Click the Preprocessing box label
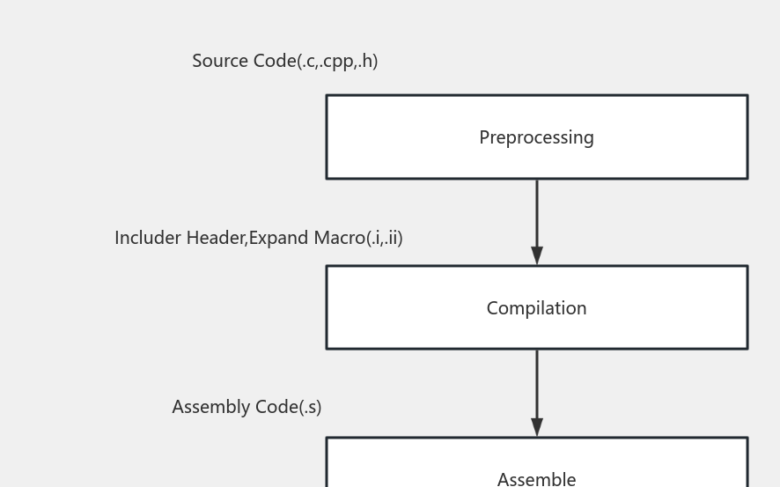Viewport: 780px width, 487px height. coord(536,137)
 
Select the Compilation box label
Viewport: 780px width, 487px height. coord(536,308)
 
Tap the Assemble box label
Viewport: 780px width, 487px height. coord(536,478)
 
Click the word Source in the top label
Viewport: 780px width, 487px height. coord(221,61)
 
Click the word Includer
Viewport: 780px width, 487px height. coord(147,238)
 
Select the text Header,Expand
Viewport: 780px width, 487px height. coord(248,238)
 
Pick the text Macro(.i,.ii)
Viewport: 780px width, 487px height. coord(358,238)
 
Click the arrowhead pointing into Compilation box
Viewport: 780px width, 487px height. coord(537,255)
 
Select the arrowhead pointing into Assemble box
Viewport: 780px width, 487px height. coord(537,427)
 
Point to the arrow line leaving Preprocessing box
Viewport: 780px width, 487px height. coord(537,211)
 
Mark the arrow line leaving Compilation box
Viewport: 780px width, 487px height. coord(537,383)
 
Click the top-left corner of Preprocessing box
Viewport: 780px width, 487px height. coord(327,95)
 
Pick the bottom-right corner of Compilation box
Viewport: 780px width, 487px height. coord(747,349)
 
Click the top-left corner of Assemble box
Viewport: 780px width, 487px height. coord(327,438)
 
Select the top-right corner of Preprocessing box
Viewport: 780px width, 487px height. coord(747,95)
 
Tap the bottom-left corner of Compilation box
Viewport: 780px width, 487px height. coord(327,349)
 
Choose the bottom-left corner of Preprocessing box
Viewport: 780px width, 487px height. coord(327,179)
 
